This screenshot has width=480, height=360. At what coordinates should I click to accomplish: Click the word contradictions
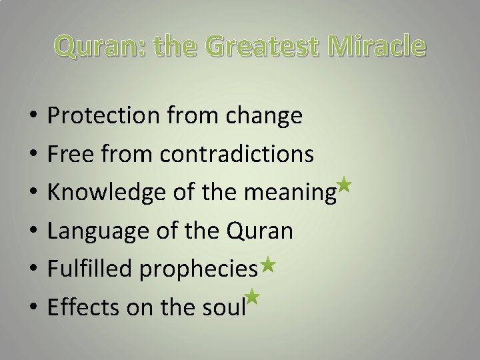click(237, 155)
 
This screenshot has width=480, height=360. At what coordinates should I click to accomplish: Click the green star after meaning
click(343, 184)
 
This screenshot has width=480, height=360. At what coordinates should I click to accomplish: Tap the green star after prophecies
click(268, 265)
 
